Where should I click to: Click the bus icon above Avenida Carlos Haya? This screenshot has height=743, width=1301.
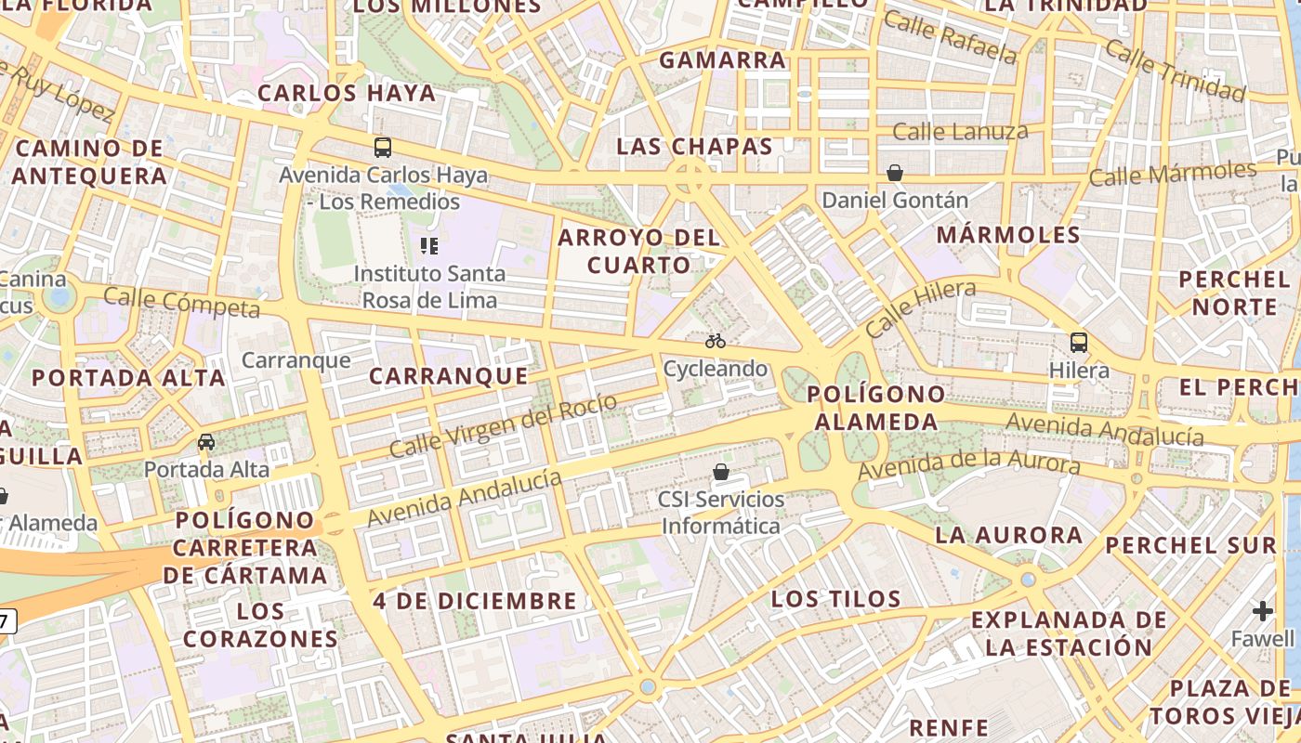coord(382,147)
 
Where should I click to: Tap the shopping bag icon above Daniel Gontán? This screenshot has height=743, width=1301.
coord(894,173)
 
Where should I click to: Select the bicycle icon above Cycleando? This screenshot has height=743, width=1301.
coord(715,341)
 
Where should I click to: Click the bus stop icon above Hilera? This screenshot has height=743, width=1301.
coord(1078,342)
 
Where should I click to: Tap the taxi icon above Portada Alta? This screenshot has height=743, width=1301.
coord(206,441)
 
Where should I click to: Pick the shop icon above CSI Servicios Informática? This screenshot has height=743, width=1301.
coord(720,472)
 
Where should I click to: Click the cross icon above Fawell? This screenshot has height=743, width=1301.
coord(1262,610)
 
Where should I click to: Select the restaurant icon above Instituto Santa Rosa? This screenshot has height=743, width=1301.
coord(428,245)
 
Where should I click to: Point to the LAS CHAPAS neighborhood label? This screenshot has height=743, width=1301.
coord(694,146)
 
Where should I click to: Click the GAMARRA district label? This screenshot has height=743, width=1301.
coord(722,60)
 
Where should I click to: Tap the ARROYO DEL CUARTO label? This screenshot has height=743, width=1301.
coord(638,251)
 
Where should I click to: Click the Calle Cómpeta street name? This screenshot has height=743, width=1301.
coord(181,302)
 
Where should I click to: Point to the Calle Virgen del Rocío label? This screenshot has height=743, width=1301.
coord(503,425)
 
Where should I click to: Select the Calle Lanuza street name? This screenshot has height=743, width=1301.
coord(960,132)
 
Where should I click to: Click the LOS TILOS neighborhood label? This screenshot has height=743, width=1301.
coord(836,599)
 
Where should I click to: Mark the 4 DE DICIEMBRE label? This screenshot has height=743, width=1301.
coord(475,601)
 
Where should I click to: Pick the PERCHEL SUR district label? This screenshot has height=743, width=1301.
coord(1191,545)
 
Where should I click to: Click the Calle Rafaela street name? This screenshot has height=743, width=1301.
coord(950,36)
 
